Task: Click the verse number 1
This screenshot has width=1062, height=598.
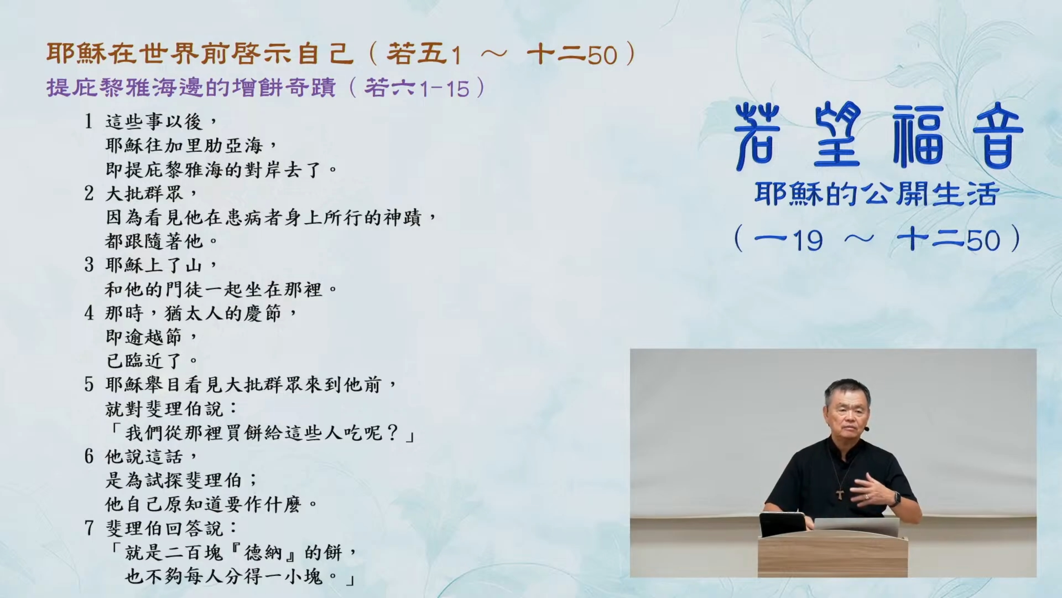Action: click(x=88, y=121)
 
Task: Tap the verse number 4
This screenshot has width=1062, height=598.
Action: click(x=89, y=313)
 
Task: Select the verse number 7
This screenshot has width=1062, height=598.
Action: click(x=89, y=528)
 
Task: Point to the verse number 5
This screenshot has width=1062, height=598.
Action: click(x=89, y=385)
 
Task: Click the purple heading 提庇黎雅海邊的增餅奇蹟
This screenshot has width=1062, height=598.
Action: click(x=191, y=87)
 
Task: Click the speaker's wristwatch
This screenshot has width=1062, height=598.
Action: click(x=896, y=499)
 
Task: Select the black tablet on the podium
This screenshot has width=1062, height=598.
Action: click(x=783, y=524)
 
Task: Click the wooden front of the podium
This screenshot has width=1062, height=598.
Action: click(x=833, y=556)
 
